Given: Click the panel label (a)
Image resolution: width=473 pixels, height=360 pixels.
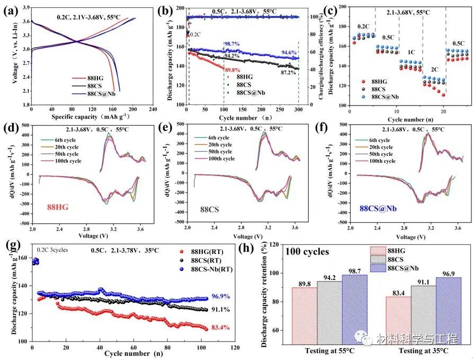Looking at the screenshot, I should coord(12,10).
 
